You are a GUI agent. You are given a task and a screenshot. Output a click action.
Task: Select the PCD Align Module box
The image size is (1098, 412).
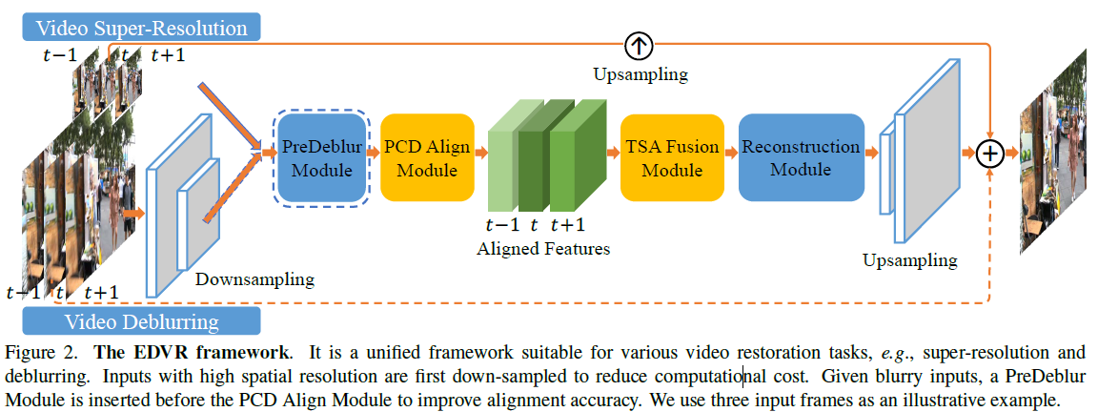pos(420,158)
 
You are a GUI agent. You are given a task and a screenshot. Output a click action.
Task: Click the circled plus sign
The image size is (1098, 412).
pos(992,152)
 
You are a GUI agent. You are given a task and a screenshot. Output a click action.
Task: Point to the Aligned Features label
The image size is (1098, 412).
pos(544,249)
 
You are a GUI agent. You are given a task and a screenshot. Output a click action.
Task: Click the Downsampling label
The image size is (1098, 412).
pos(254,279)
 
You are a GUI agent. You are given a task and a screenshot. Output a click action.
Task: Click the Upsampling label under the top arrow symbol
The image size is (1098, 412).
pos(640,73)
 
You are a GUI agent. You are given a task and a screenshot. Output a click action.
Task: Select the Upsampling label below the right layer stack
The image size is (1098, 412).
pos(910,259)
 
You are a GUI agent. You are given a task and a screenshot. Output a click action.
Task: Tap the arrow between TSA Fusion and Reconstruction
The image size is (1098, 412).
pos(728,153)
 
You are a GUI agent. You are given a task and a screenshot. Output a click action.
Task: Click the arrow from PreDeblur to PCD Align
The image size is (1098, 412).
pos(374,153)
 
